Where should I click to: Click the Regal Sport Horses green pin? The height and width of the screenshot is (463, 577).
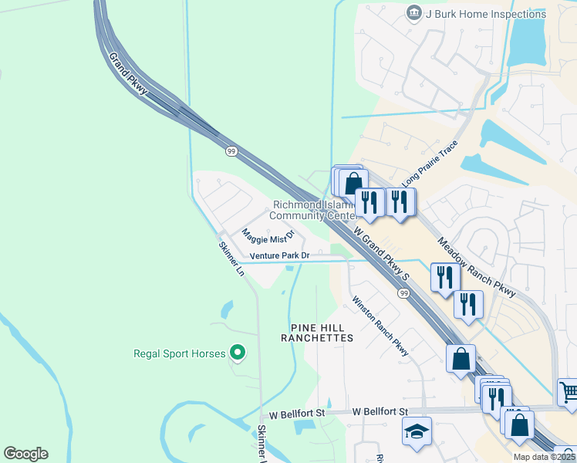pos(238,353)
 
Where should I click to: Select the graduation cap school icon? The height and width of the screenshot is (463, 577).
pos(417,431)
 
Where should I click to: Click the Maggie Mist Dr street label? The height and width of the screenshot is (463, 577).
pos(268,235)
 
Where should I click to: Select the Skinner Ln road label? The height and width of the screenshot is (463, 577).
pos(231,259)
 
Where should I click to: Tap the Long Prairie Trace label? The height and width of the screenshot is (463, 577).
pos(430,164)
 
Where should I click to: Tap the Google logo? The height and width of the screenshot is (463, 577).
pos(25,454)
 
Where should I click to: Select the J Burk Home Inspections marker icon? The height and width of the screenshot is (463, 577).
pos(414,13)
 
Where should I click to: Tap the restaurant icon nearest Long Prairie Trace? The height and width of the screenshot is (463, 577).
pos(400,202)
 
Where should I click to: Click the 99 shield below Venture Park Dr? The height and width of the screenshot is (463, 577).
pos(403,293)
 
